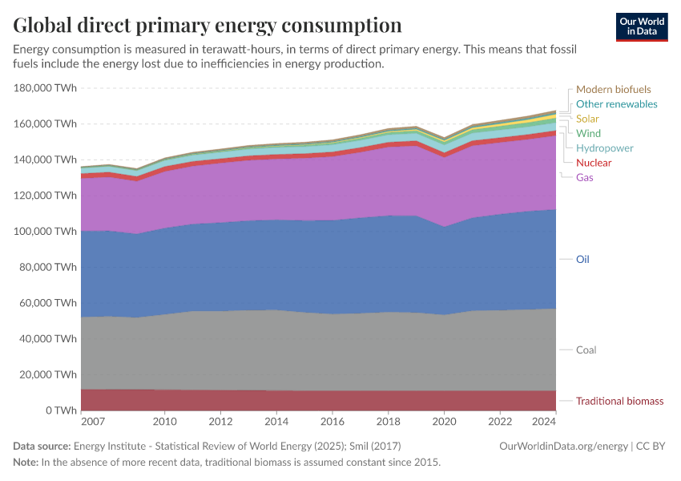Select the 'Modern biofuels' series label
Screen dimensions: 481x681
[x=613, y=90]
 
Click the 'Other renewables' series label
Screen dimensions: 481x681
[x=616, y=104]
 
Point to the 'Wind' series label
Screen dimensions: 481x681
[x=588, y=133]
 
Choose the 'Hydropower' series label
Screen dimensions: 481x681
[x=604, y=148]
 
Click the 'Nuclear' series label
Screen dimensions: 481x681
[x=594, y=163]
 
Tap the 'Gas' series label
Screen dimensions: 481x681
[x=585, y=177]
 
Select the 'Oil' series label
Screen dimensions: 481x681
[x=582, y=260]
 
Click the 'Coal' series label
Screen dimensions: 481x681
[x=586, y=350]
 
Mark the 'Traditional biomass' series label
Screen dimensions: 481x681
[x=619, y=401]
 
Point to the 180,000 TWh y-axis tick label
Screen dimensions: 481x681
[x=45, y=88]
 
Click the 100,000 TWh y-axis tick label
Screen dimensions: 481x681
[x=45, y=232]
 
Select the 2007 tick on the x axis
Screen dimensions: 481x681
[x=93, y=422]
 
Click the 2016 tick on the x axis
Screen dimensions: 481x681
[x=332, y=422]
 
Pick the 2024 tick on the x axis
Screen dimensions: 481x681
[x=544, y=422]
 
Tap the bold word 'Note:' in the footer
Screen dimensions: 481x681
[x=26, y=463]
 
